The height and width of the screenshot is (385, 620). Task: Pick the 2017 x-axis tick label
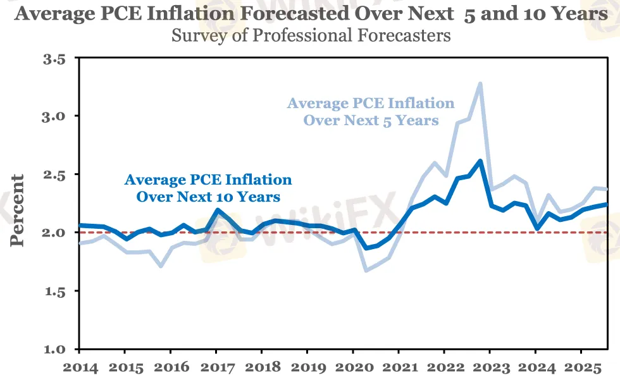(216, 367)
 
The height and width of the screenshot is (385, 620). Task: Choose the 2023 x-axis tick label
(490, 367)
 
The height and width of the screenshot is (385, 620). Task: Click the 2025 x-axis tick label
(581, 367)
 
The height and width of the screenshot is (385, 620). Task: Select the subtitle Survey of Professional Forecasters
(311, 35)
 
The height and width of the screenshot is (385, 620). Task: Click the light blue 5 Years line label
(371, 111)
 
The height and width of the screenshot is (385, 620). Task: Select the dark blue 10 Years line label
(208, 188)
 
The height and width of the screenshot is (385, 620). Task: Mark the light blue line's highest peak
(481, 83)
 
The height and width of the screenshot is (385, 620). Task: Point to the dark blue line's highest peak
(481, 161)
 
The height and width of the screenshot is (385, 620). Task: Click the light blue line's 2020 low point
(366, 271)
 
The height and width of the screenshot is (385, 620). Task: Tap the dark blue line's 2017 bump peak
(217, 211)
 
